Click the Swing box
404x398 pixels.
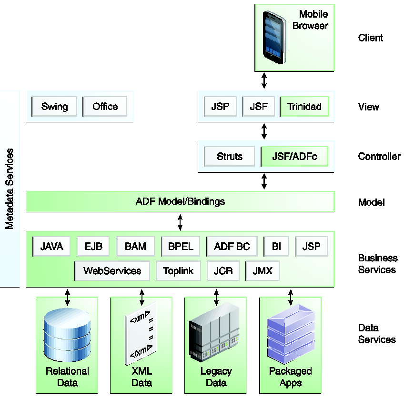(54, 107)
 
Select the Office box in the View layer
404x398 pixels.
(105, 107)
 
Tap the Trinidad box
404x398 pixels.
(304, 107)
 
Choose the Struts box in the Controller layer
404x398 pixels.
(229, 156)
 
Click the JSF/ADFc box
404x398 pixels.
(294, 156)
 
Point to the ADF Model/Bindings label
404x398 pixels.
(180, 201)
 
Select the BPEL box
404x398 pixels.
(181, 246)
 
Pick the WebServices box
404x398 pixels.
(112, 271)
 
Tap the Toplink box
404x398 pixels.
(178, 271)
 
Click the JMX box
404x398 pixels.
(262, 271)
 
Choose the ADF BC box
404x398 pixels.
(232, 246)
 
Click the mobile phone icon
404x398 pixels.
(275, 37)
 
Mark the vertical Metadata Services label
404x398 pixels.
(10, 189)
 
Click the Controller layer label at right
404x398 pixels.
(379, 156)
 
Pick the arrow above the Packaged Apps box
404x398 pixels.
(291, 297)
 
